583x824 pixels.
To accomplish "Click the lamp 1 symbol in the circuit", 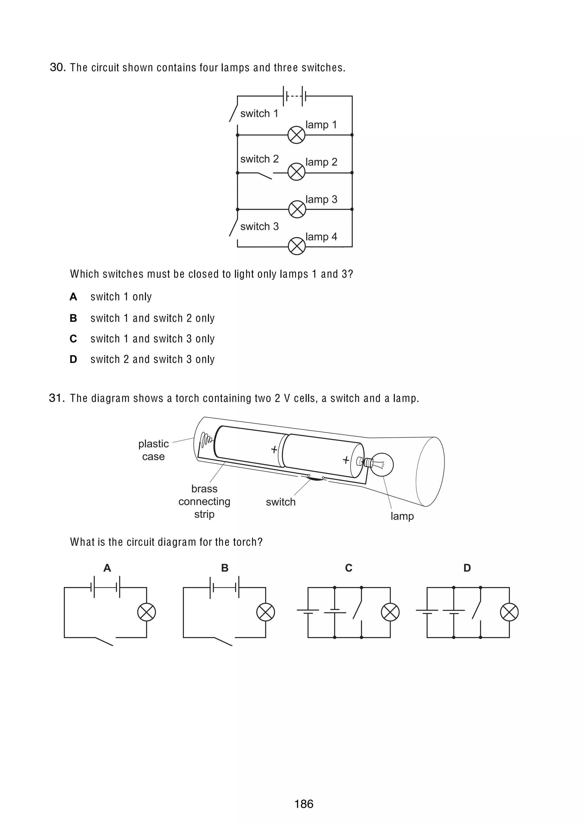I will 296,135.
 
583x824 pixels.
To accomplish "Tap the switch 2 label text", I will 259,159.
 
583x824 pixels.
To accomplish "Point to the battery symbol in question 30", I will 295,96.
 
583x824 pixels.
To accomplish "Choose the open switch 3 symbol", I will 233,227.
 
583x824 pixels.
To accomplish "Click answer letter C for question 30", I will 73,339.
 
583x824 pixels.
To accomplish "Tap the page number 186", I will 303,804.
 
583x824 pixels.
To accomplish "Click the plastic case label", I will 153,450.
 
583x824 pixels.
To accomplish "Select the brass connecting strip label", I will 204,501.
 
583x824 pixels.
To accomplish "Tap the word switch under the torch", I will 281,502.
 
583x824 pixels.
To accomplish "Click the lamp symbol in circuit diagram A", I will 147,612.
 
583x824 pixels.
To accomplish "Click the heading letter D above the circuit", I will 467,568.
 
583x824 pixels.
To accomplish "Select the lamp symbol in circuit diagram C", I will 390,612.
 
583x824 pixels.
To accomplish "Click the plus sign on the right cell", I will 346,460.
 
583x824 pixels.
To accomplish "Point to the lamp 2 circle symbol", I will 296,172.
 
